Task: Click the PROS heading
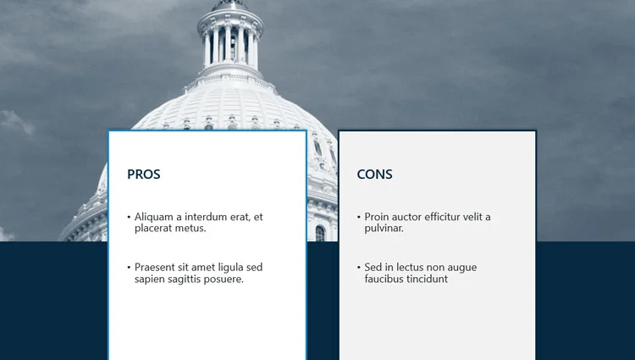point(144,174)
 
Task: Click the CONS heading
point(374,174)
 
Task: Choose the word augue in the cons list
point(463,268)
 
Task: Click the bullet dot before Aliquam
point(129,218)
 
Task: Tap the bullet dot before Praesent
point(129,268)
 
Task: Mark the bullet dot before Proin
point(359,218)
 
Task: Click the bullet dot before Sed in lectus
point(359,268)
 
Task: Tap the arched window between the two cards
point(320,233)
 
